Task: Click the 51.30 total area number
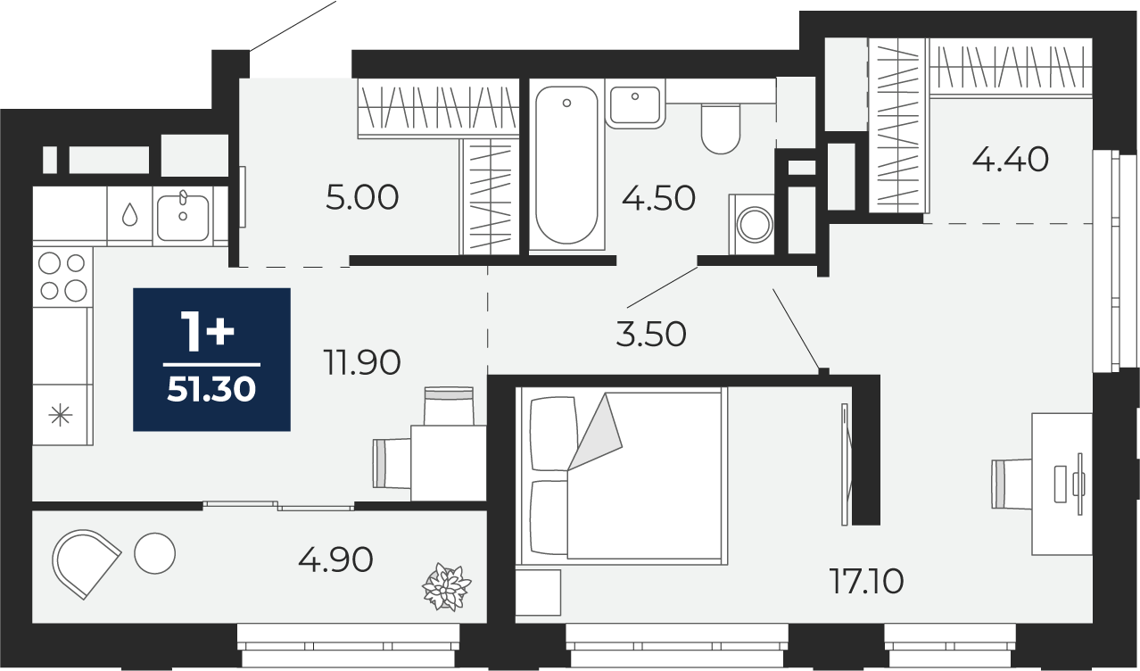(x=211, y=391)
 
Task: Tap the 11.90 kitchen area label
(x=362, y=362)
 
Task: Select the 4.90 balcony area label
(x=335, y=559)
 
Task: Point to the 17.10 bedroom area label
(x=866, y=581)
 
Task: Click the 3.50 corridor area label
(x=651, y=335)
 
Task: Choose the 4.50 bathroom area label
(x=658, y=198)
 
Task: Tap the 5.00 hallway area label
(x=362, y=197)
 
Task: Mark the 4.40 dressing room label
(x=1011, y=159)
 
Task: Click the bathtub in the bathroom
(x=566, y=165)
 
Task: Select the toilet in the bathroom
(x=720, y=128)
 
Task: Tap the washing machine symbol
(x=752, y=224)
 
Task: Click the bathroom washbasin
(x=635, y=106)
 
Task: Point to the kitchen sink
(x=183, y=217)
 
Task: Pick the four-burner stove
(x=62, y=277)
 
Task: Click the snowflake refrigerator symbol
(x=61, y=415)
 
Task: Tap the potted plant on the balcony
(x=447, y=587)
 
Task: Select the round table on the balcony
(x=154, y=553)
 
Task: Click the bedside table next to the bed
(x=538, y=592)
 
